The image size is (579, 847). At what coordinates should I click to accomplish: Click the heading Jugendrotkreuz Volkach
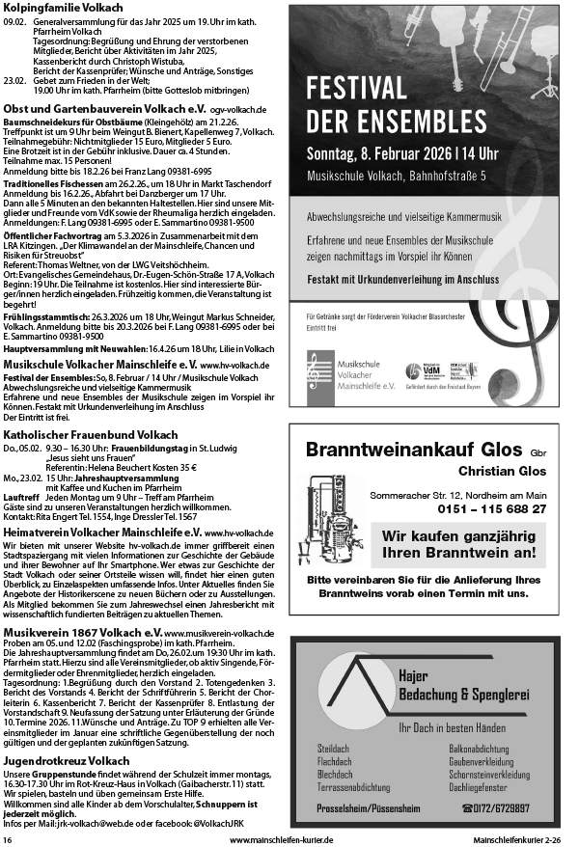coord(60,761)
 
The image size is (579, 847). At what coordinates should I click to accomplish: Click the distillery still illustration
coord(333,516)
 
